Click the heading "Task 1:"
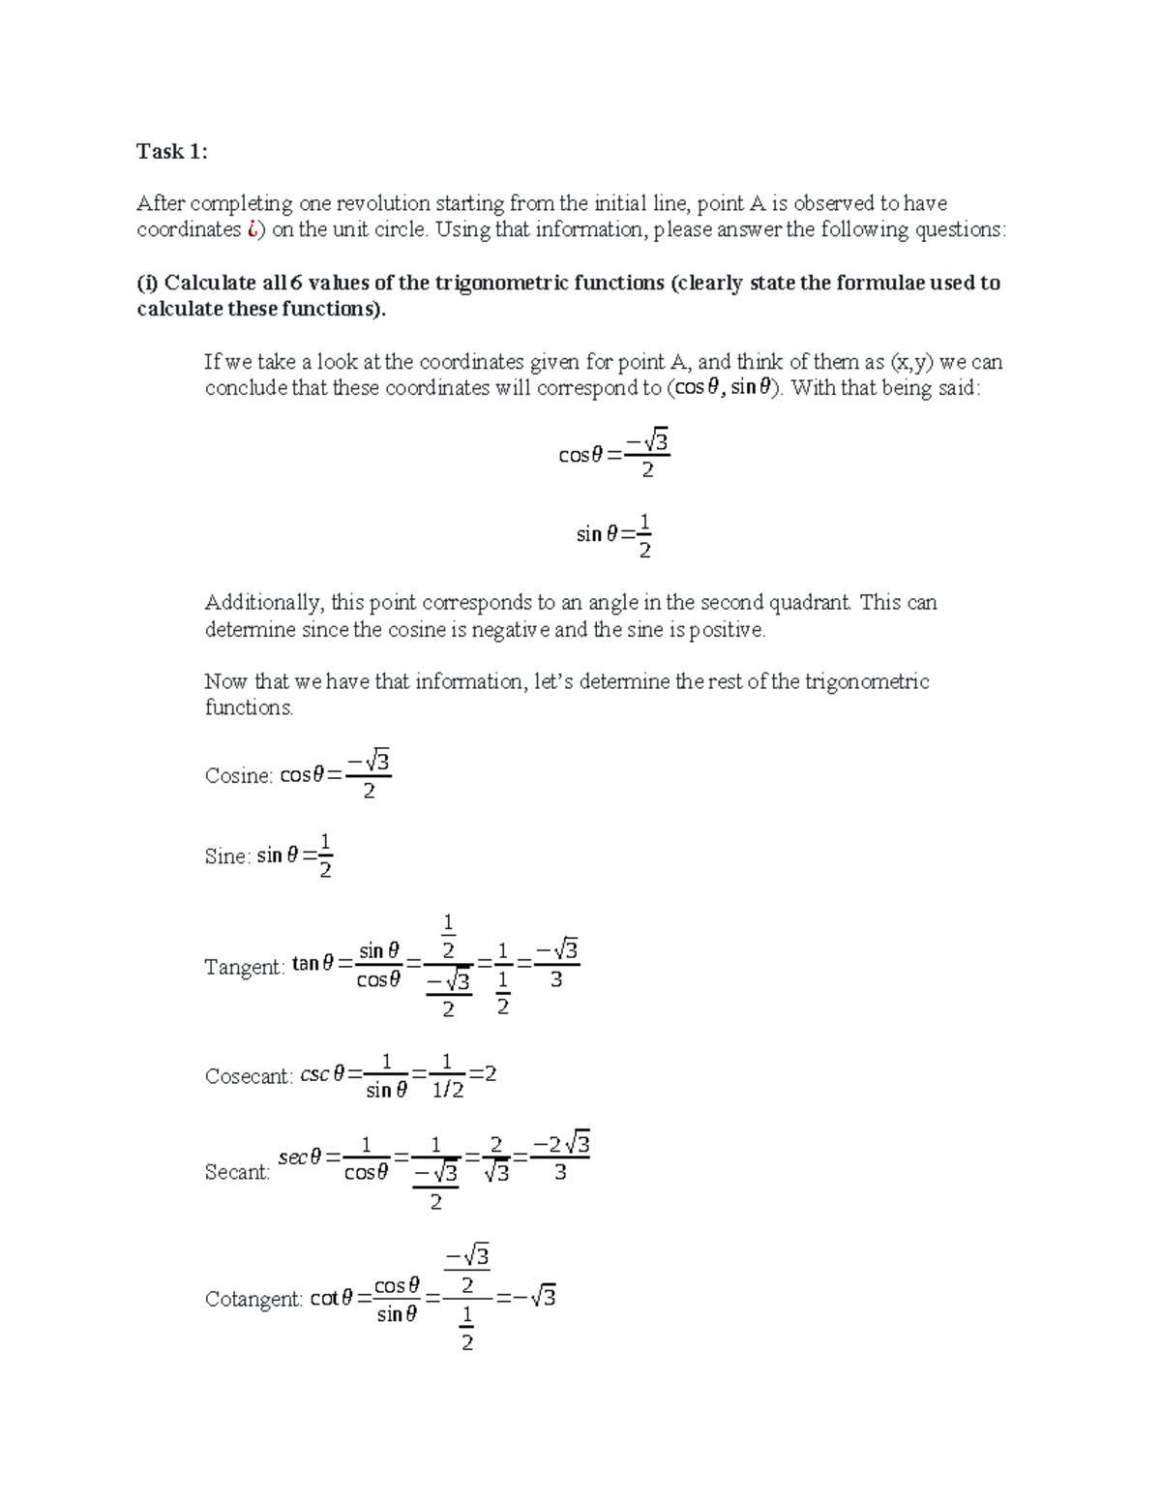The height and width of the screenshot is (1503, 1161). pos(171,151)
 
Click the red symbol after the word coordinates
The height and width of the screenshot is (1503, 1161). pos(252,229)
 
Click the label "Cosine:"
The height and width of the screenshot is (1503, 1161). pos(238,776)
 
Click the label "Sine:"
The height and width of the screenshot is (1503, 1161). pos(227,857)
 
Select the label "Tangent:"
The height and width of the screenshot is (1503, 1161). pos(244,967)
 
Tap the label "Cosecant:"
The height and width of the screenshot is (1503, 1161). pos(249,1076)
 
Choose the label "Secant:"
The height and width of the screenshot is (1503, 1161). pos(237,1172)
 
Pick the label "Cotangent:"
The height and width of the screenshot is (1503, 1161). pos(253,1299)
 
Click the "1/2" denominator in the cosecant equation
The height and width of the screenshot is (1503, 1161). pos(446,1091)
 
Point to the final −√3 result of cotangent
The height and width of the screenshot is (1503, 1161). pos(538,1297)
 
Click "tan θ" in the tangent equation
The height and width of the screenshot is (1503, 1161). pos(313,964)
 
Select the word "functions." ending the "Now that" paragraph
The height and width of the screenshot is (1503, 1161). pos(249,707)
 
